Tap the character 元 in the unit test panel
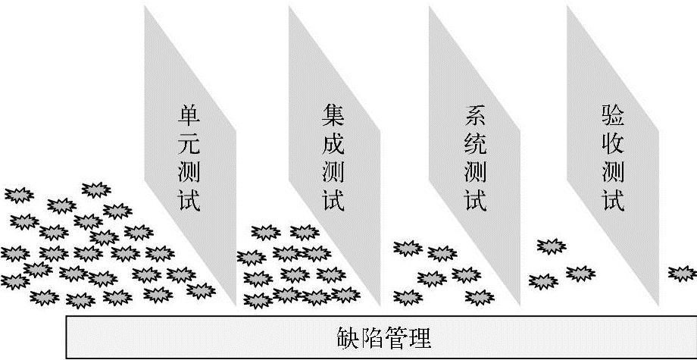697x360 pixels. tap(189, 146)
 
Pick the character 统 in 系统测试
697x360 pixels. tap(474, 146)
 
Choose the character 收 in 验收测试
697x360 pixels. tap(613, 146)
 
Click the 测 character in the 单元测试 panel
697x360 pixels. tap(189, 174)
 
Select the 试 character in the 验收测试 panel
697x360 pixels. tap(613, 201)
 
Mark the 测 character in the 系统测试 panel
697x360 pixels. tap(474, 174)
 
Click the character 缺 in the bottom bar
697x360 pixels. tap(345, 337)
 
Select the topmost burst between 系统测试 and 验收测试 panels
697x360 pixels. tap(551, 246)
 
